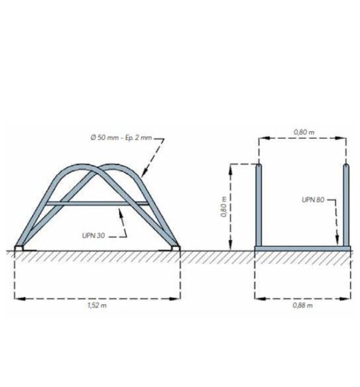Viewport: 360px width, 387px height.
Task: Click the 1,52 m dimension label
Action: (97, 305)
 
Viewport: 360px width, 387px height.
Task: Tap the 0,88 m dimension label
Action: (303, 305)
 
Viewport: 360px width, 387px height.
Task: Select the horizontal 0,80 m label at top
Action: (304, 132)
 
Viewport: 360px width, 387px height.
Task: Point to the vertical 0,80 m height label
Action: (224, 207)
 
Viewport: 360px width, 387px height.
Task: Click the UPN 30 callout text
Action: (93, 235)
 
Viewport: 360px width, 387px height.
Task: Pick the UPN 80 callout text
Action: (313, 200)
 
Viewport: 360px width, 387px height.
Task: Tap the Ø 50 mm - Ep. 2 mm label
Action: (121, 137)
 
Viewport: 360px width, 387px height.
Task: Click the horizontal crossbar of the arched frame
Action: (97, 204)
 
